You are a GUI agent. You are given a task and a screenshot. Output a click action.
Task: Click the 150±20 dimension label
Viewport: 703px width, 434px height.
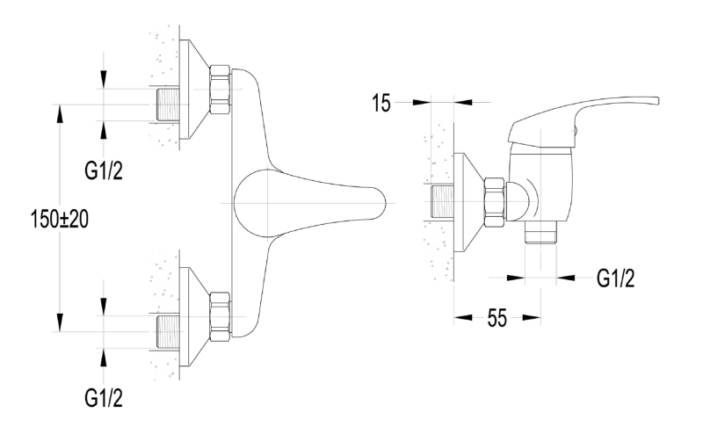[x=60, y=220]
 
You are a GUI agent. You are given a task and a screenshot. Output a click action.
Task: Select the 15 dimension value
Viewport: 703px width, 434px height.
[x=381, y=103]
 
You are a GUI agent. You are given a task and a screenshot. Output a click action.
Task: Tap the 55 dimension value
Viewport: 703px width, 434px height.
[x=497, y=318]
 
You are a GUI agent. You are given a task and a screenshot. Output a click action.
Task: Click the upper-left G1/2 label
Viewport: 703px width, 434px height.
[x=104, y=170]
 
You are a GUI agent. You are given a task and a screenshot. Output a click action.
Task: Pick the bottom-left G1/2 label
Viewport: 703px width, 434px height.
[x=104, y=398]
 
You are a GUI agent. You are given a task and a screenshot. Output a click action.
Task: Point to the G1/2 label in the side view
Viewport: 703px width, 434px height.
[x=616, y=278]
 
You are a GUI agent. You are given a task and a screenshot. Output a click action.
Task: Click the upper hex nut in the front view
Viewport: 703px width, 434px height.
[x=220, y=90]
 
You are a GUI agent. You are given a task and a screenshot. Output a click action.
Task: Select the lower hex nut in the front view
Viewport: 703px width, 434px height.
[x=220, y=317]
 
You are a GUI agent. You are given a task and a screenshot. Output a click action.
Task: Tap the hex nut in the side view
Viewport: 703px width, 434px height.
[x=495, y=203]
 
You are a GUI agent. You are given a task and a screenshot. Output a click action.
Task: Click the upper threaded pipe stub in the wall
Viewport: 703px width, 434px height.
[x=168, y=105]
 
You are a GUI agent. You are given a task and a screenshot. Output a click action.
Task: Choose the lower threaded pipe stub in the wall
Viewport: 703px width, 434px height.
[x=168, y=332]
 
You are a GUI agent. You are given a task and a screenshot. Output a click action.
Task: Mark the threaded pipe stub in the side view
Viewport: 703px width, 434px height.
[x=442, y=203]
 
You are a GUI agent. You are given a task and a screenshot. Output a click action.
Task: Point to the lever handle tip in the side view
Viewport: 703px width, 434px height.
[x=656, y=101]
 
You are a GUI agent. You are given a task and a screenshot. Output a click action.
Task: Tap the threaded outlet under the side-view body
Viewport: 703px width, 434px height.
[x=540, y=233]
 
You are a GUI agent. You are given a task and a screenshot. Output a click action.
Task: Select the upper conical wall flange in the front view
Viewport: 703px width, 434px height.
[x=194, y=90]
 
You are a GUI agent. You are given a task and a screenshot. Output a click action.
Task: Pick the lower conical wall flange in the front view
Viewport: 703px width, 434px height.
[x=194, y=317]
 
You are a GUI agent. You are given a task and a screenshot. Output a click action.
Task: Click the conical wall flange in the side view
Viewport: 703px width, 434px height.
[x=469, y=203]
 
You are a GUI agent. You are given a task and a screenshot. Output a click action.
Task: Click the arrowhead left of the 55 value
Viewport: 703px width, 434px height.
[x=463, y=318]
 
